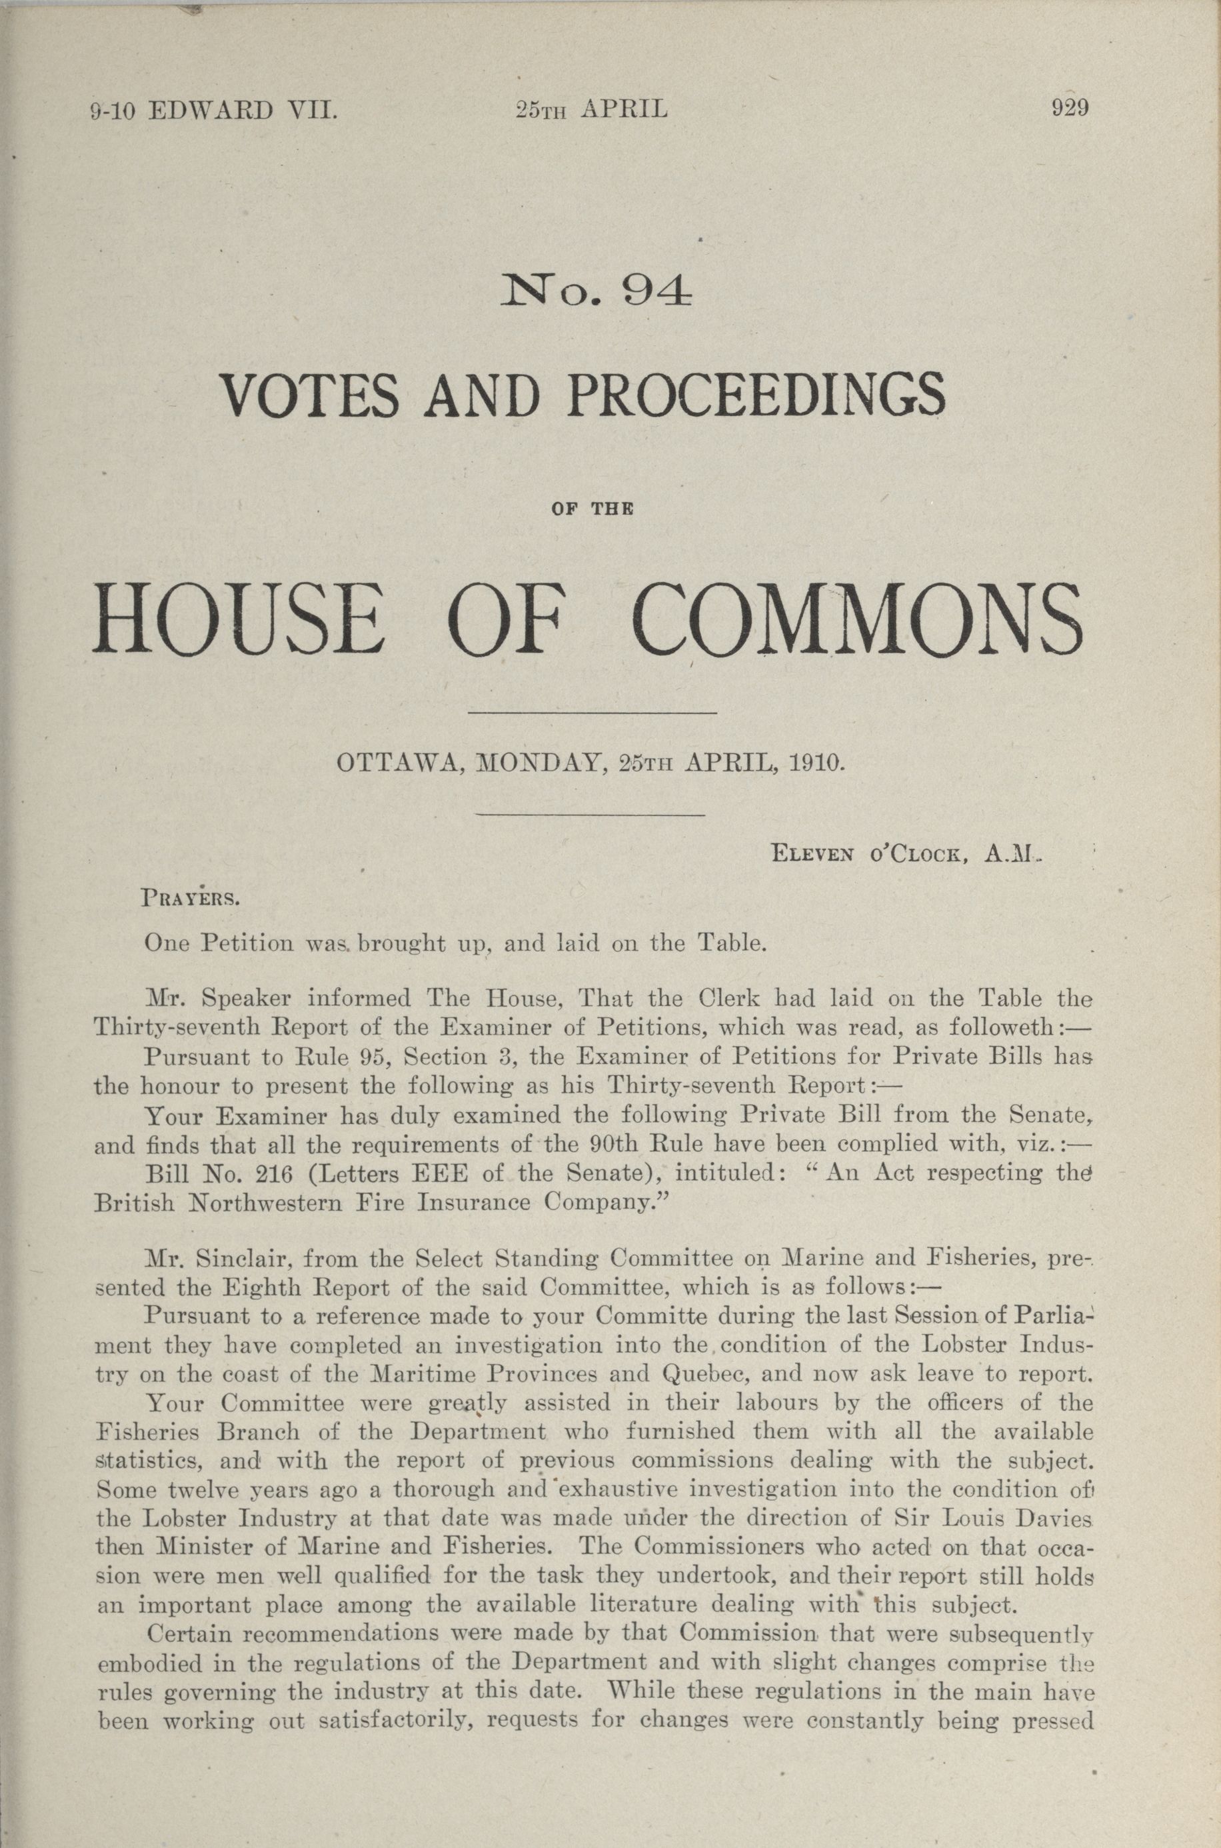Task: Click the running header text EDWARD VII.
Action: click(241, 110)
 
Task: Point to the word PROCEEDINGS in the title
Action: click(756, 395)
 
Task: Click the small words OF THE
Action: click(592, 510)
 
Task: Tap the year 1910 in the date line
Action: click(815, 761)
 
